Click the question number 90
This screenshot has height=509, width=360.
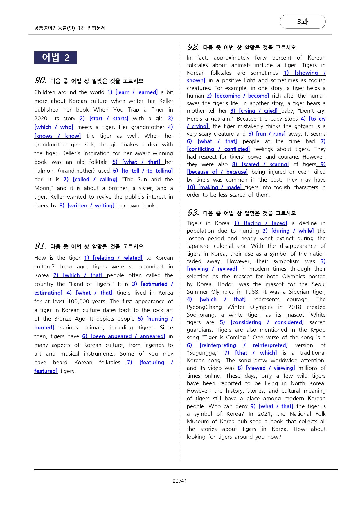[40, 80]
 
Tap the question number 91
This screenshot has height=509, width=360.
[40, 246]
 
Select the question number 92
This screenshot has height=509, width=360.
[193, 47]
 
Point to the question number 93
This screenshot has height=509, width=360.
[193, 212]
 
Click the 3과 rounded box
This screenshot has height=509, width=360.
[303, 21]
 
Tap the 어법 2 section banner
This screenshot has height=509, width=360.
[55, 58]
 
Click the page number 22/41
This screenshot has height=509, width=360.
[180, 481]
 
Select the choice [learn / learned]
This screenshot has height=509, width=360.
[136, 92]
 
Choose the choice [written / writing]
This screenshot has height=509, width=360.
[91, 206]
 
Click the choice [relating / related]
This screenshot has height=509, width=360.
[118, 258]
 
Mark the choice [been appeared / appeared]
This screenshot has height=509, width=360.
[128, 336]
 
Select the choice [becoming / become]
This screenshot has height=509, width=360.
[242, 96]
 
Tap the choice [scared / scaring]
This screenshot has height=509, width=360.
[265, 164]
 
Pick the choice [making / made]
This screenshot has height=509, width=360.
[220, 187]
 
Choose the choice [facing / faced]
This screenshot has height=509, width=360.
[265, 223]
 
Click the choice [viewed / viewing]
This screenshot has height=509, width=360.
[270, 368]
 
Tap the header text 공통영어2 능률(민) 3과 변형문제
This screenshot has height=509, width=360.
[70, 28]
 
